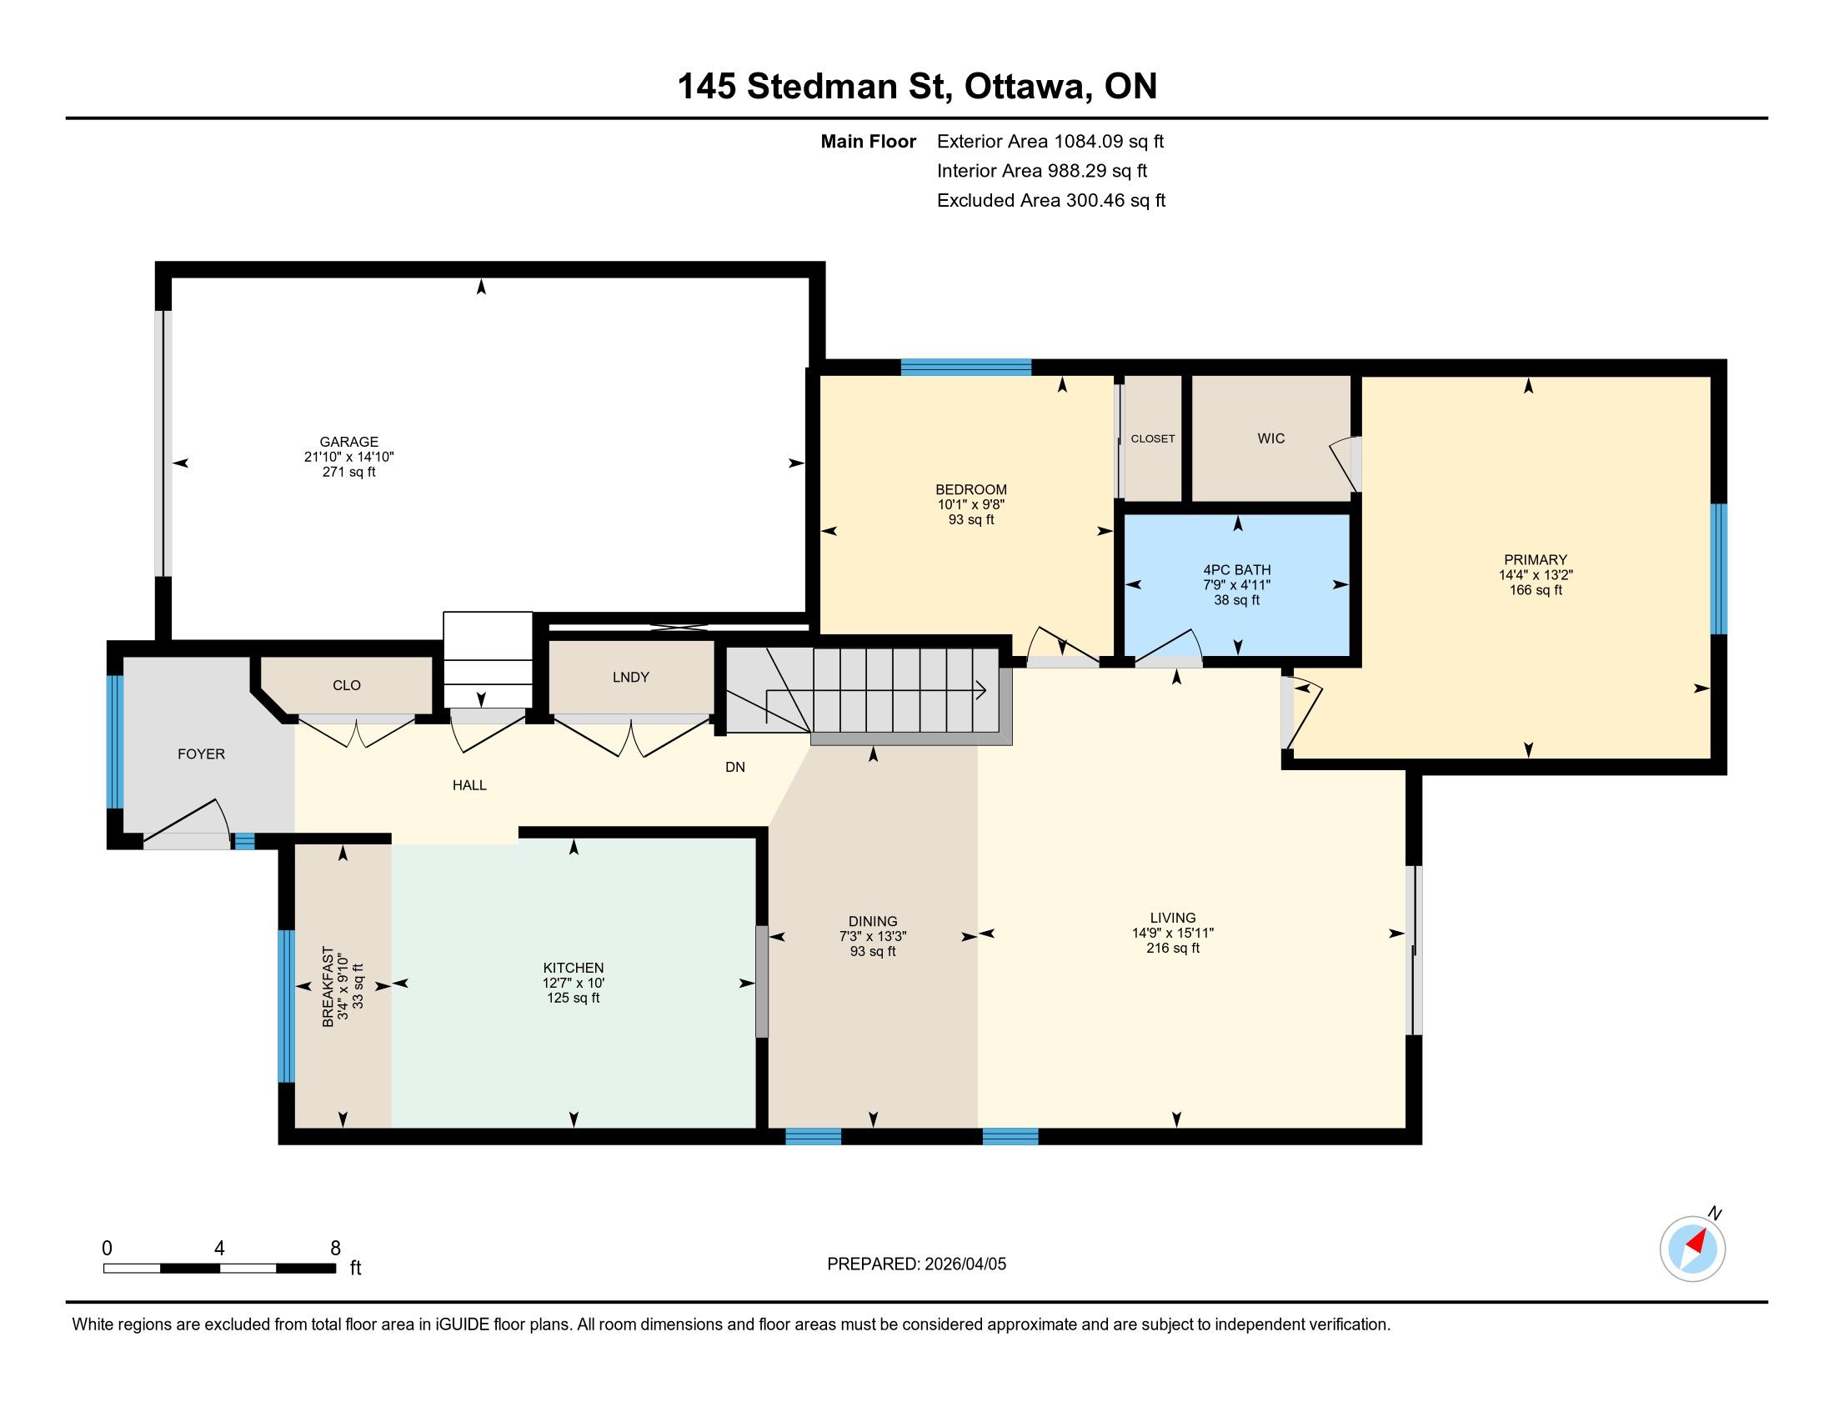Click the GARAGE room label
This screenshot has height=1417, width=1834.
click(x=348, y=442)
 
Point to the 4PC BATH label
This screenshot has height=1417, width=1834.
click(x=1237, y=570)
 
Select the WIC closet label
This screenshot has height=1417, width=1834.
click(x=1271, y=438)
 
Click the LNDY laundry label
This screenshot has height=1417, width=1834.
click(x=631, y=678)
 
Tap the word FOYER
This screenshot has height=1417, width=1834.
click(x=202, y=754)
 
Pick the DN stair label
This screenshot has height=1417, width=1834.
click(x=734, y=767)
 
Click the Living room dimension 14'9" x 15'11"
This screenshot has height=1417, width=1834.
click(x=1173, y=933)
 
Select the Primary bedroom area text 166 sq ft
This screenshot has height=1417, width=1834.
click(x=1536, y=590)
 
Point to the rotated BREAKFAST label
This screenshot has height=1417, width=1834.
click(x=328, y=986)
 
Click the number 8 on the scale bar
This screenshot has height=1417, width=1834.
click(x=335, y=1249)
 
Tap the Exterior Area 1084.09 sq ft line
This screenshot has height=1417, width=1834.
click(x=1050, y=141)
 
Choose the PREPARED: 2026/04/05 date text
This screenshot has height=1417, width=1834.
click(x=916, y=1264)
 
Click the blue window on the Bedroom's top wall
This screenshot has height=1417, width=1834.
click(x=965, y=367)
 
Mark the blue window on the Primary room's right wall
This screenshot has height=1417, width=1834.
click(x=1719, y=568)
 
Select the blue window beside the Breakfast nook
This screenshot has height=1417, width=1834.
click(x=286, y=1006)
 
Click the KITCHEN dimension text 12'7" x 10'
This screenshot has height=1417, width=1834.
click(x=574, y=983)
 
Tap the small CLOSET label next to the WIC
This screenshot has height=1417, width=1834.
click(x=1153, y=439)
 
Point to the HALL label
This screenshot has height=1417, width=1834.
click(x=469, y=786)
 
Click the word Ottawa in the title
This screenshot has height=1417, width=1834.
click(x=1025, y=87)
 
